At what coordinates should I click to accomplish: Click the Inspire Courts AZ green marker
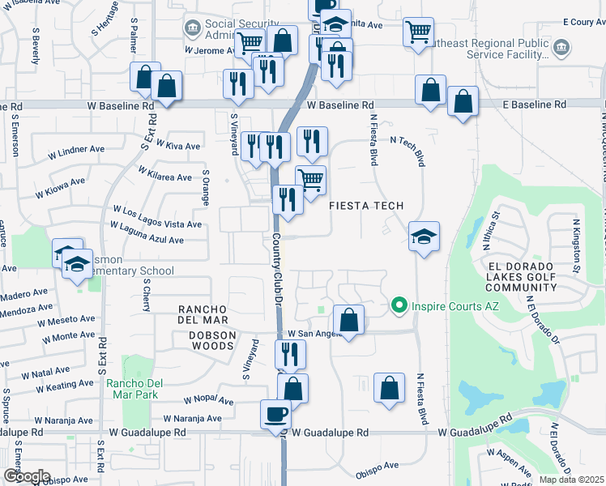coord(398,305)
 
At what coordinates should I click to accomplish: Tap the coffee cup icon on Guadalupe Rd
coord(275,414)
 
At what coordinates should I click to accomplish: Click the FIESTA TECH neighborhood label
coord(366,206)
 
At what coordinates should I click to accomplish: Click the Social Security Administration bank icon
coord(193,30)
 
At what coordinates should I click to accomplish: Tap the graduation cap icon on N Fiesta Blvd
coord(424,237)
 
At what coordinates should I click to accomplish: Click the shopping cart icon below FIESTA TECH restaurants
coord(310,181)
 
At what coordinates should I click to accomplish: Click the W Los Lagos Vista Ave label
coord(156,217)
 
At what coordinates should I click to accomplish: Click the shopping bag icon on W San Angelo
coord(349,320)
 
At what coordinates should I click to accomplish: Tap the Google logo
coord(27,475)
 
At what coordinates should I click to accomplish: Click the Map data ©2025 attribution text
coord(571,480)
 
